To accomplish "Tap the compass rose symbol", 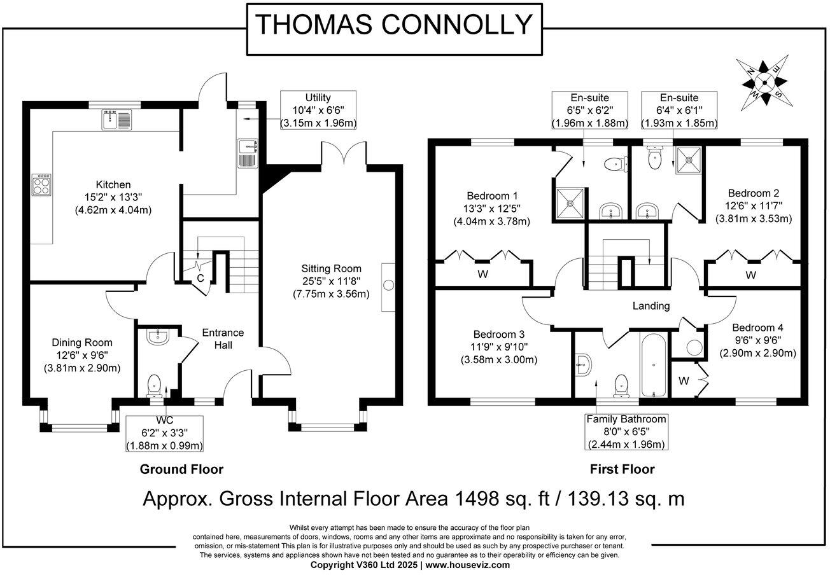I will pyautogui.click(x=764, y=83).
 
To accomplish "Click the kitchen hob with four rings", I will pyautogui.click(x=41, y=185).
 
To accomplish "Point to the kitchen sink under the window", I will pyautogui.click(x=116, y=119).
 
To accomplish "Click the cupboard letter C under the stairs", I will pyautogui.click(x=200, y=278).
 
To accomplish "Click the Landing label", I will pyautogui.click(x=651, y=306).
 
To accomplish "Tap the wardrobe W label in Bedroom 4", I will pyautogui.click(x=684, y=381).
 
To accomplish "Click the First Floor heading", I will pyautogui.click(x=622, y=469).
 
